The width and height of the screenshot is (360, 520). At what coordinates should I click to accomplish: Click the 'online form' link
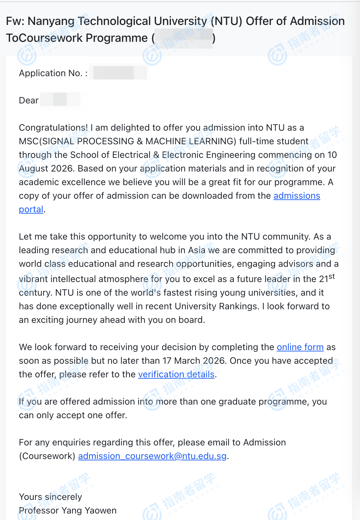300,347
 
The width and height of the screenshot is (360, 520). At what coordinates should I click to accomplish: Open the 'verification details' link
176,374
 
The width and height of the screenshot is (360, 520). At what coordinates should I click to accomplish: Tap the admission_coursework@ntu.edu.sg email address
152,456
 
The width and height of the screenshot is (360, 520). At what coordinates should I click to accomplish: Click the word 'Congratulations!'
53,128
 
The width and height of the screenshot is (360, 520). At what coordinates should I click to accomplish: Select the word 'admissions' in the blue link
297,196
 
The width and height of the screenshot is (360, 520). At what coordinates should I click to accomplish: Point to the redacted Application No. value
118,73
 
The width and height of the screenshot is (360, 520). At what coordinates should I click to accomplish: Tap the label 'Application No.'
51,73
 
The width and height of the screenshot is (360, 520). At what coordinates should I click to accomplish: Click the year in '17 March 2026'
214,361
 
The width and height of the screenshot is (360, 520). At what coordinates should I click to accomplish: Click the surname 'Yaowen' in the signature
100,511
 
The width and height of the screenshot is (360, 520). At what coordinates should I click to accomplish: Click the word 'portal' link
31,209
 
